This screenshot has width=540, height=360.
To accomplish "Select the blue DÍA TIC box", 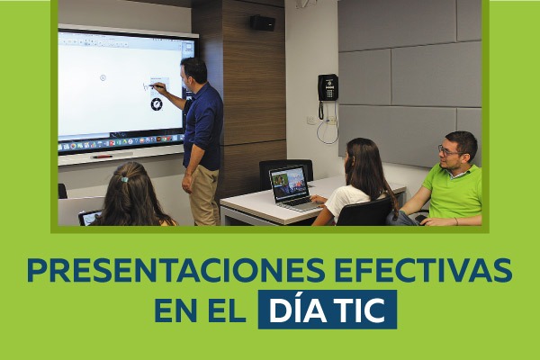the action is pyautogui.click(x=328, y=310).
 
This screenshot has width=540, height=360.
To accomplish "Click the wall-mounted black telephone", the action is pyautogui.click(x=328, y=88).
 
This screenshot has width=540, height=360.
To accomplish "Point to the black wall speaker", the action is pyautogui.click(x=263, y=22).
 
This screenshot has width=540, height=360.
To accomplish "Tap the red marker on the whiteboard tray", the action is pyautogui.click(x=103, y=157).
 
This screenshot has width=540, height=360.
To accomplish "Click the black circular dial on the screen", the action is pyautogui.click(x=157, y=104).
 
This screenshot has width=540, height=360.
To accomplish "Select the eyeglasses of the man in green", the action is pyautogui.click(x=449, y=150).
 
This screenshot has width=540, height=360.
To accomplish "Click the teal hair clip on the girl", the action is pyautogui.click(x=124, y=179).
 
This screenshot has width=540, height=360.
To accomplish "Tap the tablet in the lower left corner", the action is pyautogui.click(x=89, y=218).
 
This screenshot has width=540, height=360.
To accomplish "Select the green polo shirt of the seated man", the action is pyautogui.click(x=454, y=192).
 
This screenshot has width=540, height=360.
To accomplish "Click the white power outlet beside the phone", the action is pyautogui.click(x=311, y=121).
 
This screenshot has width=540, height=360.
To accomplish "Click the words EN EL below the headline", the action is pyautogui.click(x=200, y=310).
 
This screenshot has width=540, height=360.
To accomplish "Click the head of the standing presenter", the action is pyautogui.click(x=193, y=72).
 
